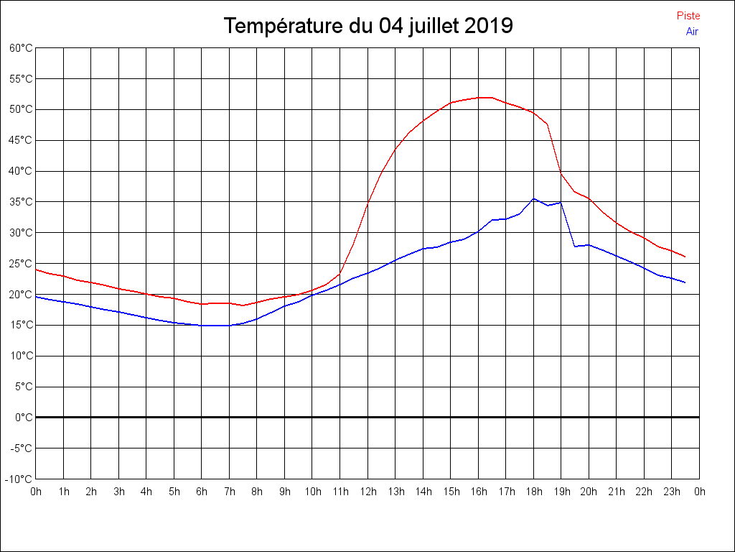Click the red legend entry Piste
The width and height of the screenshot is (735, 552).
[688, 16]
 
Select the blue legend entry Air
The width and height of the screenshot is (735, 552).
[692, 32]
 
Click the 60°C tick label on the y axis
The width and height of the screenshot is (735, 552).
[21, 48]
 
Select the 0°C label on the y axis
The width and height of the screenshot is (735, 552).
[24, 418]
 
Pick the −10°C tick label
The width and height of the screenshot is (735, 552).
[19, 479]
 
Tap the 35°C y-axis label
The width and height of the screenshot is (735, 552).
[21, 202]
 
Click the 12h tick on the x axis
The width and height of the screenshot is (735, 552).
[367, 492]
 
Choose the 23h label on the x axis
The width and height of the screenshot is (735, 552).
[672, 492]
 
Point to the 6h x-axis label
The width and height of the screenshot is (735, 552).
[202, 492]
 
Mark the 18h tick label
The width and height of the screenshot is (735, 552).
[533, 492]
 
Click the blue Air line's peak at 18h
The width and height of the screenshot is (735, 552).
[533, 198]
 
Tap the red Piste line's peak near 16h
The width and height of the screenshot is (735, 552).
[485, 97]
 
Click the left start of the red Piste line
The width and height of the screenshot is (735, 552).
[37, 270]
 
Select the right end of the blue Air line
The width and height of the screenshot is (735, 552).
[685, 282]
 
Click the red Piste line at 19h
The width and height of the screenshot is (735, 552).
[561, 173]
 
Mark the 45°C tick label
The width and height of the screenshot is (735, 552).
[21, 140]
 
